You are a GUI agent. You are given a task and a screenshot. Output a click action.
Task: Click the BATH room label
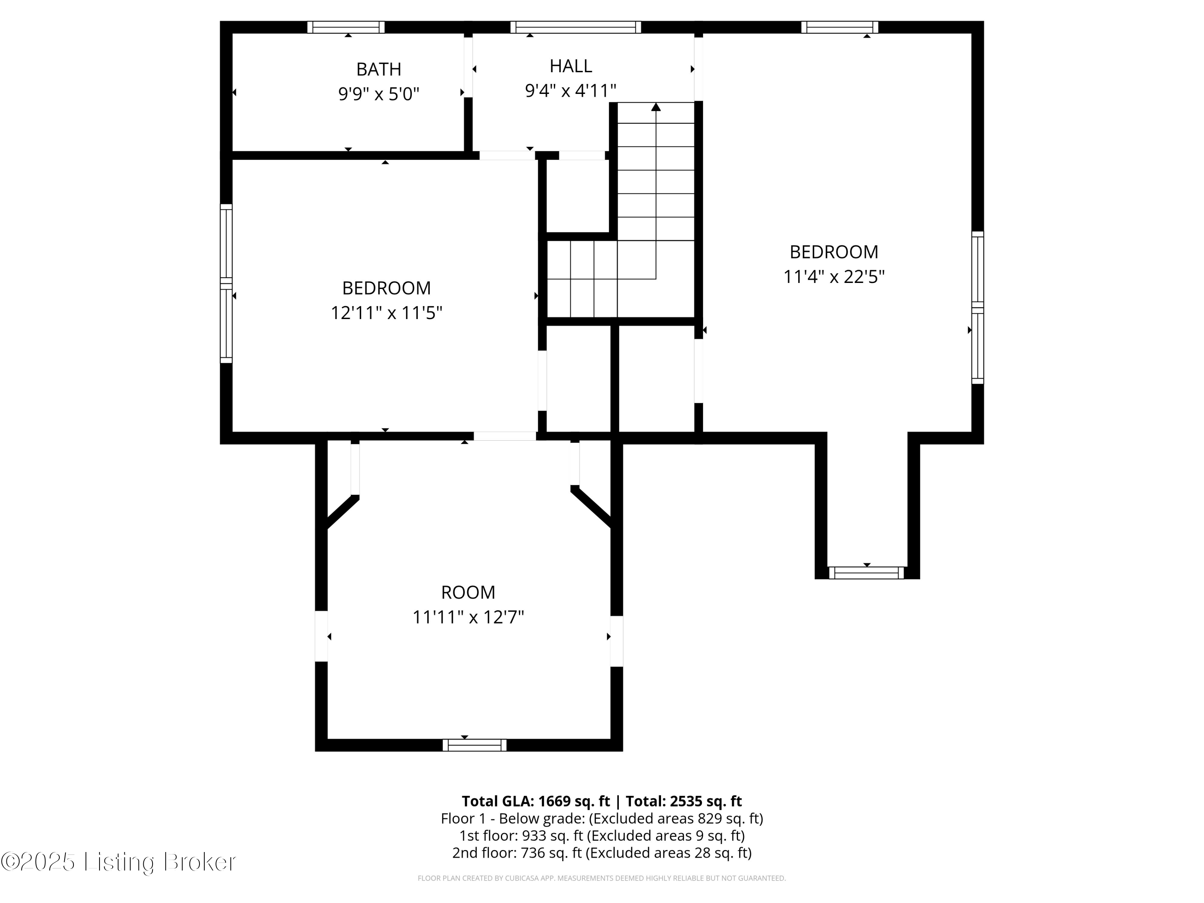[x=378, y=69]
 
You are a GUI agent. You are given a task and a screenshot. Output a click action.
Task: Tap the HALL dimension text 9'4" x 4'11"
[x=570, y=90]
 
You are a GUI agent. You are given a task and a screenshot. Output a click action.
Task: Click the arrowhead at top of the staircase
[x=656, y=107]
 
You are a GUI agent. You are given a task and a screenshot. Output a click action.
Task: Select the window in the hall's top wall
[x=576, y=27]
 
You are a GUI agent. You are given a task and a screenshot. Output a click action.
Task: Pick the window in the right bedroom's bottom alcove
[x=866, y=573]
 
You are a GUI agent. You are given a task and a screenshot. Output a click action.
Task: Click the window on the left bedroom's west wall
[x=226, y=283]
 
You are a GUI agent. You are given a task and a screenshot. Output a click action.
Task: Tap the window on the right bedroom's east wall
[x=978, y=307]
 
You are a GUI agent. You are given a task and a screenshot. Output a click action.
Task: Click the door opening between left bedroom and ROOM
[x=504, y=436]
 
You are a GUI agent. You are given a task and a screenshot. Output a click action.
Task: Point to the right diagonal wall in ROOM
[x=592, y=507]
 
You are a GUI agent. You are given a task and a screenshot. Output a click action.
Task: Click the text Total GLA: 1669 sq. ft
[x=536, y=801]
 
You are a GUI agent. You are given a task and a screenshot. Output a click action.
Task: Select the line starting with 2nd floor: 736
[x=602, y=852]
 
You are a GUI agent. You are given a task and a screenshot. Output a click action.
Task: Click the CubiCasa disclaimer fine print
[x=602, y=878]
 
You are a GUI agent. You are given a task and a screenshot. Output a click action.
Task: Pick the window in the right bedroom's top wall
[x=839, y=27]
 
